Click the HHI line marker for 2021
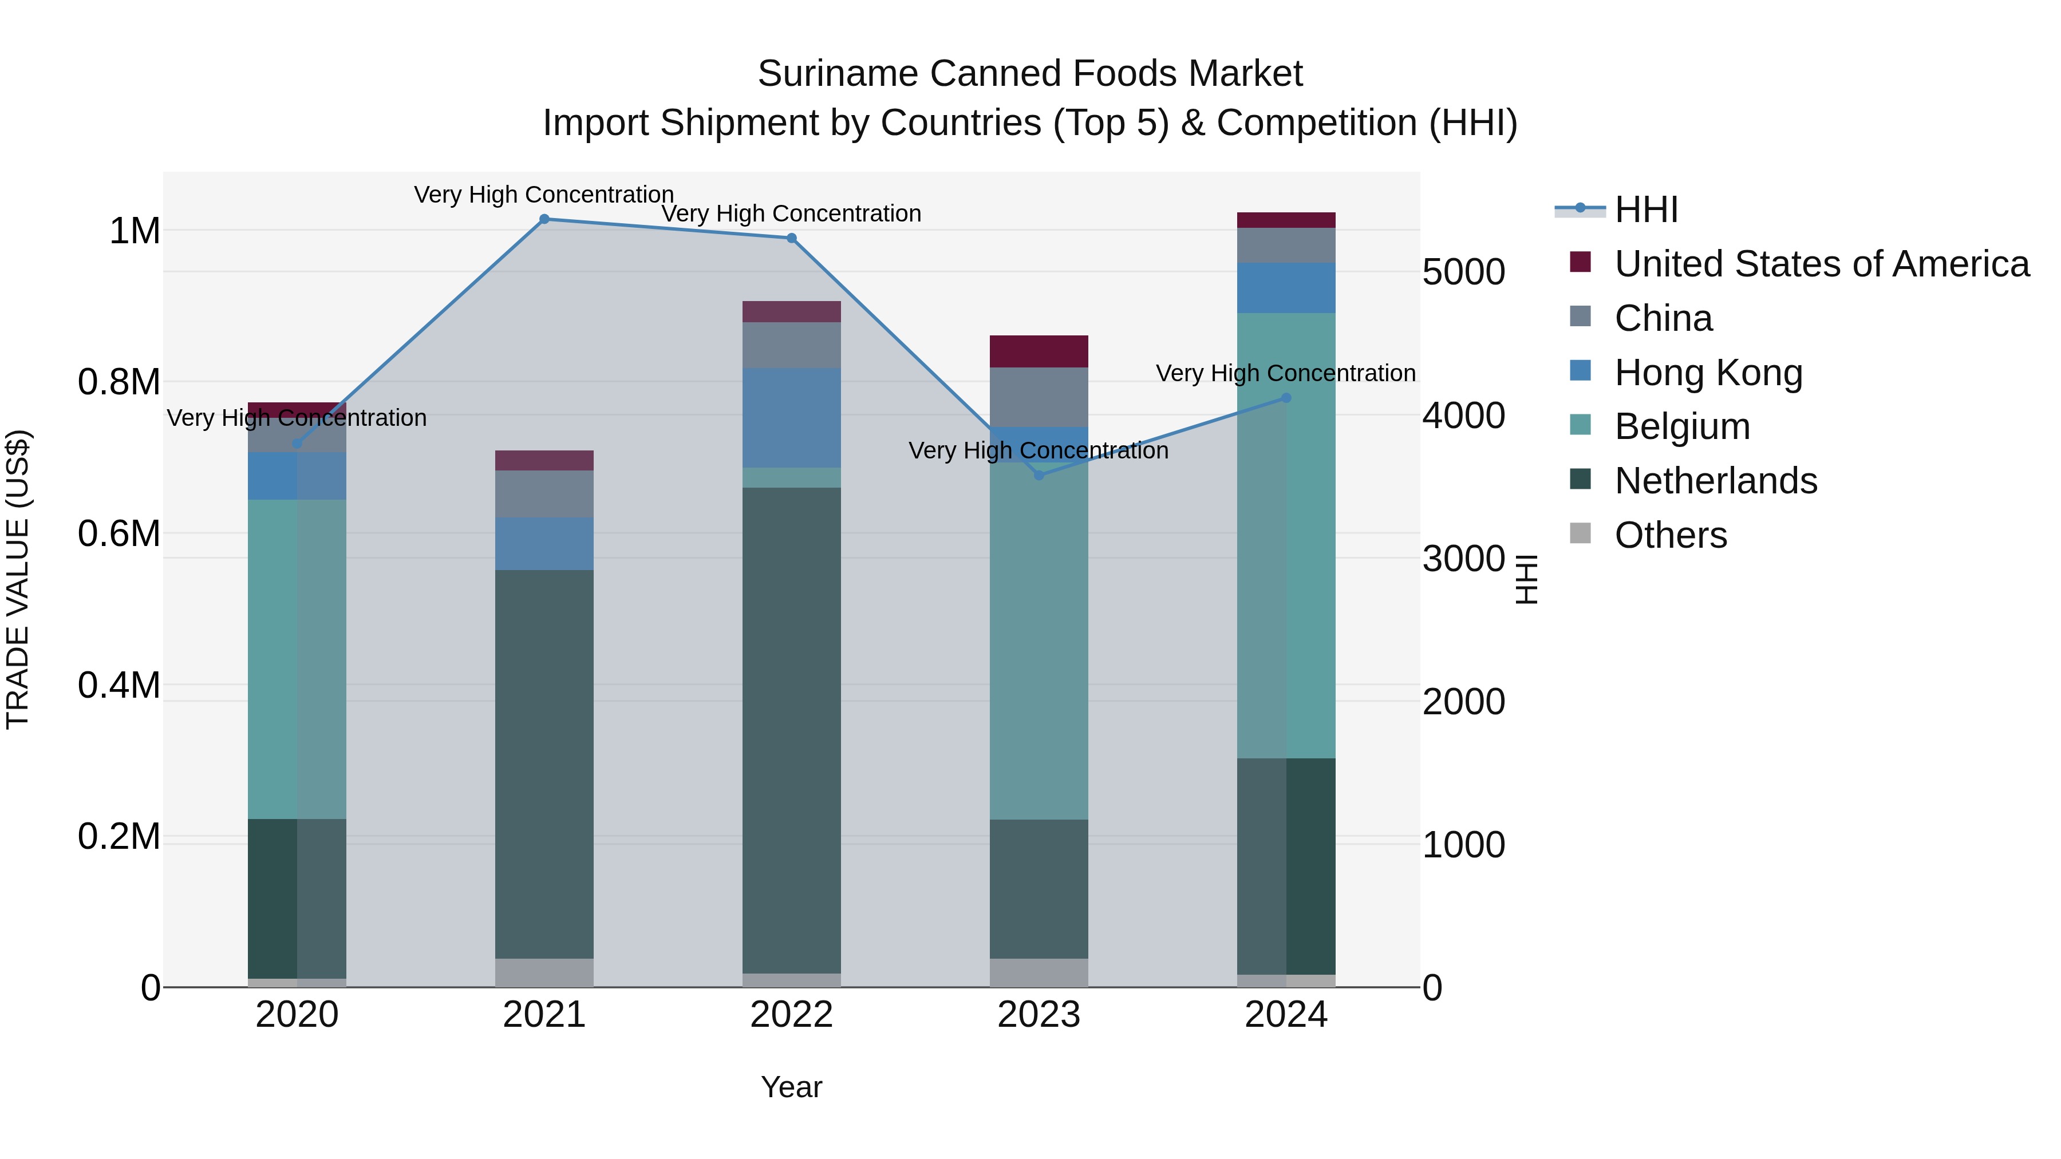click(x=544, y=219)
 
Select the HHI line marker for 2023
click(x=1039, y=475)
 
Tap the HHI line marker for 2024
click(x=1286, y=398)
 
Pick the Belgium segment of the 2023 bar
click(x=1039, y=640)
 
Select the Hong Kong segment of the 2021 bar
click(x=544, y=543)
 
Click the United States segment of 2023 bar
click(x=1039, y=351)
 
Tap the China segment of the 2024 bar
click(x=1286, y=245)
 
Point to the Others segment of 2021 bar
click(x=544, y=972)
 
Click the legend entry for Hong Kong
click(x=1708, y=373)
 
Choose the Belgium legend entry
click(x=1682, y=426)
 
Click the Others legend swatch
click(x=1580, y=533)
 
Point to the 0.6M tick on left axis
click(x=119, y=533)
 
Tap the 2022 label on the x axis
click(x=791, y=1015)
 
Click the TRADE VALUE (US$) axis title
click(x=18, y=579)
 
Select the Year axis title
click(x=791, y=1087)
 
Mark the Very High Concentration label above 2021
click(x=544, y=195)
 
